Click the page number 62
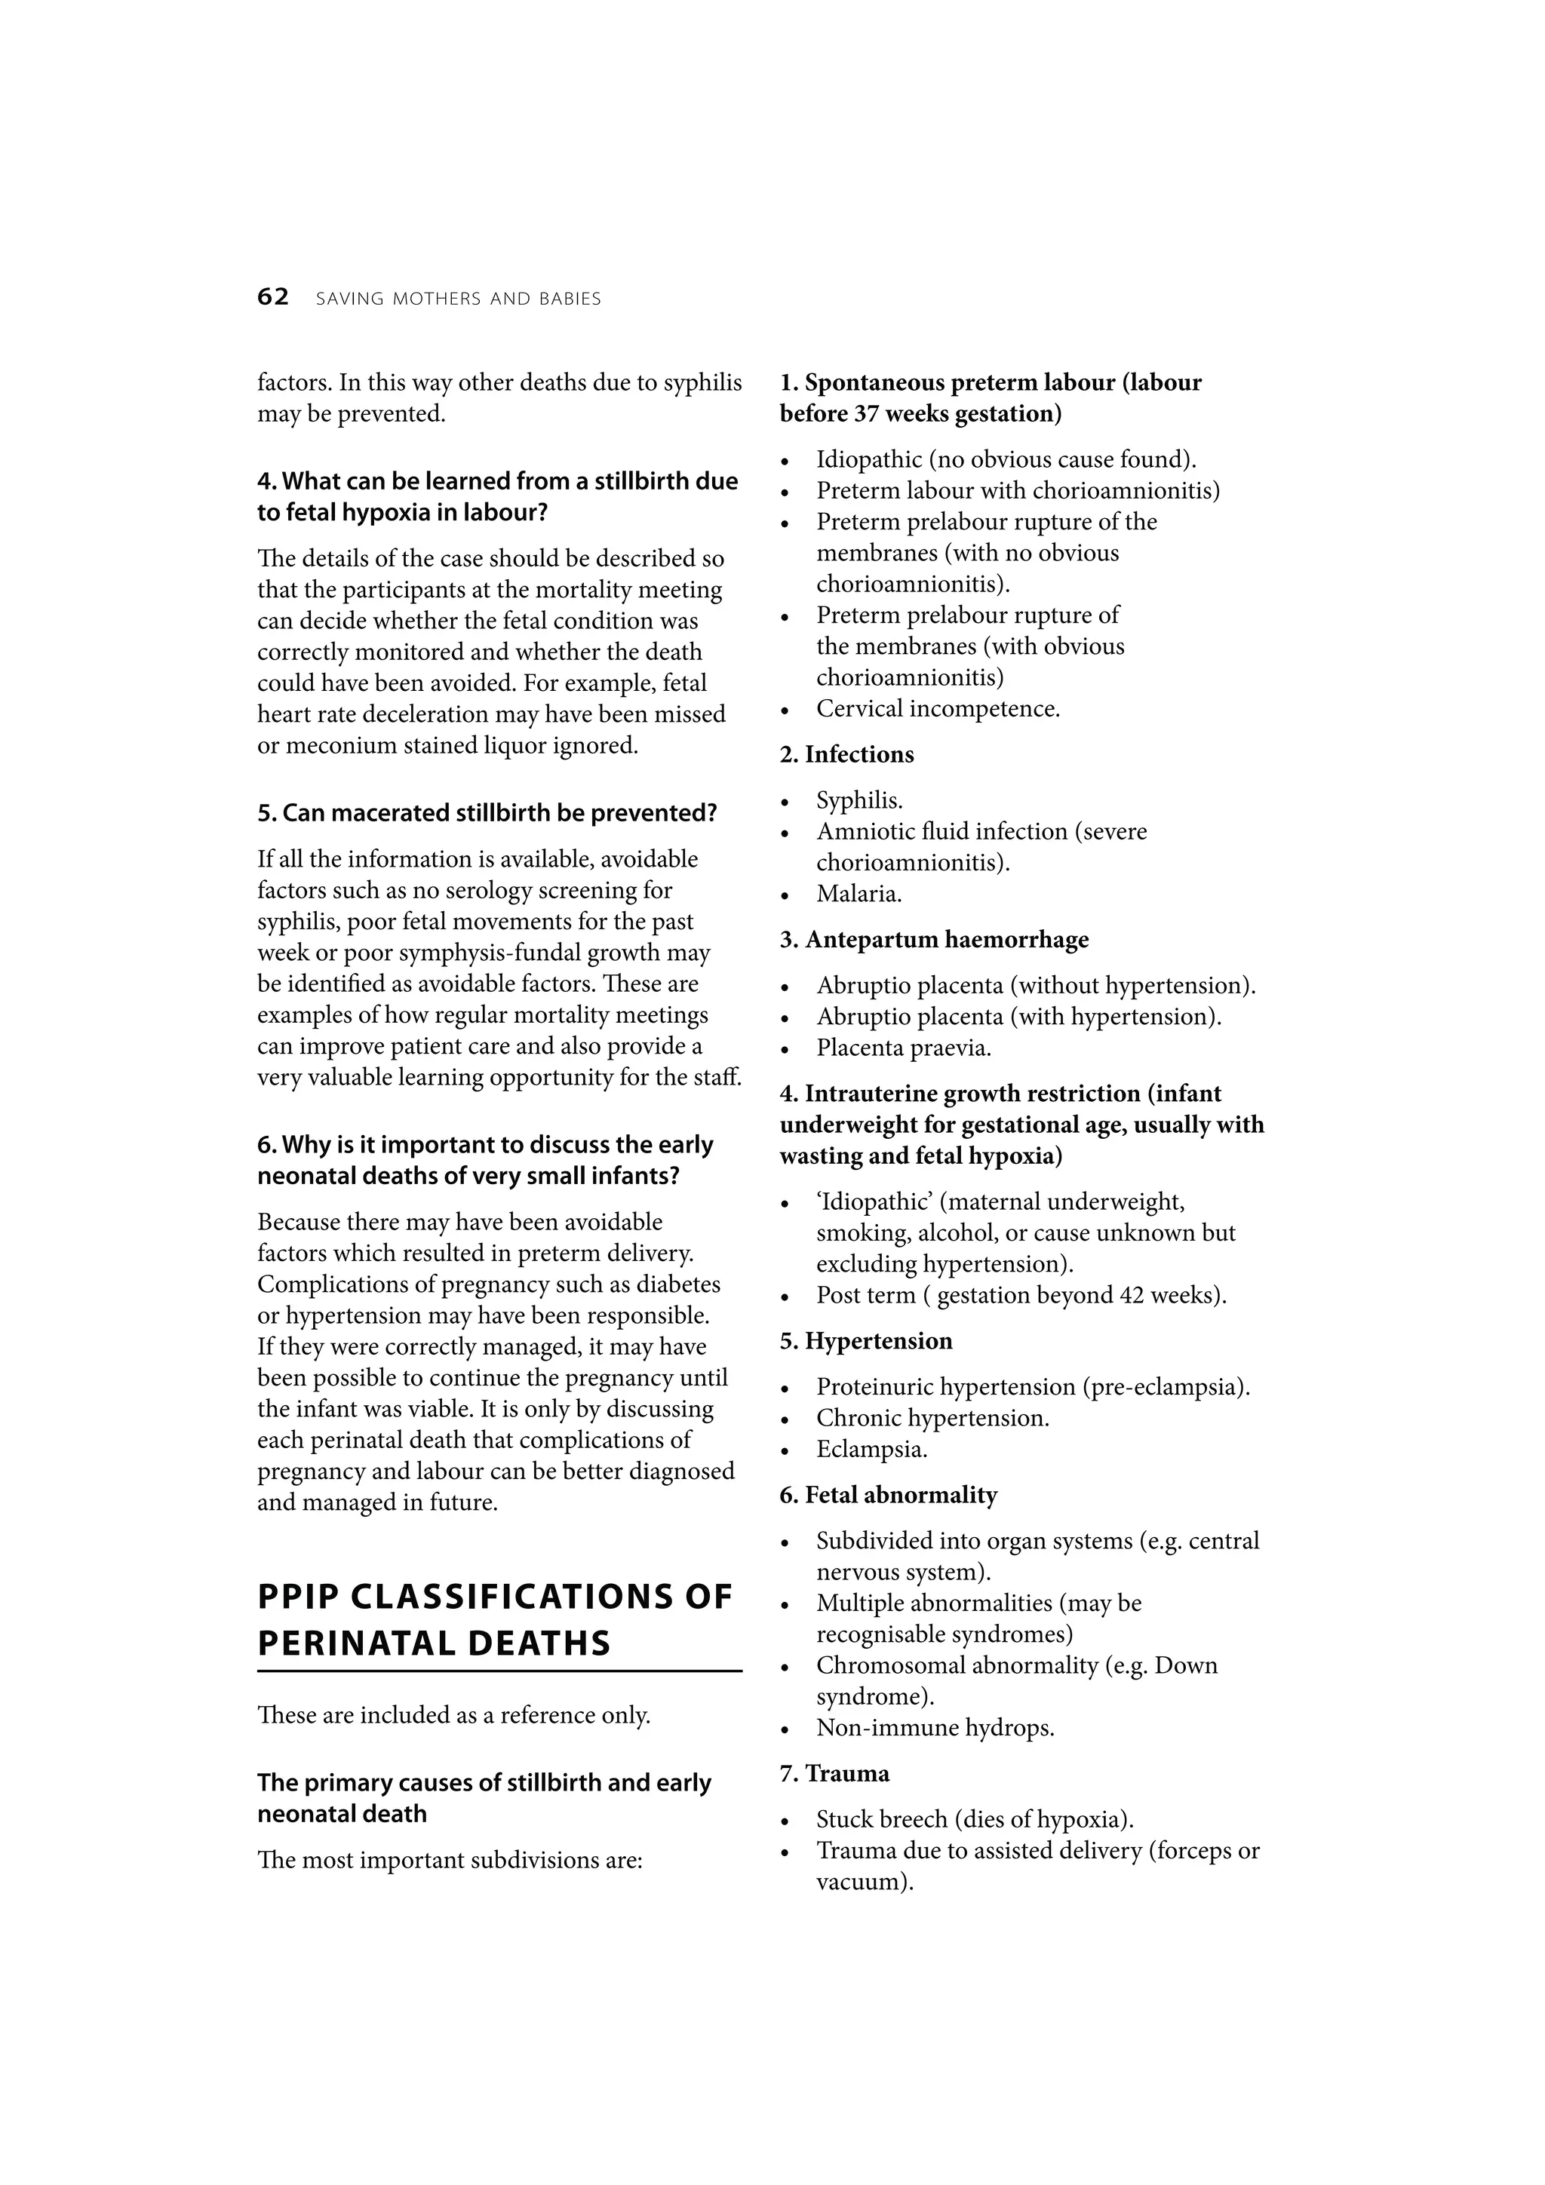coord(272,298)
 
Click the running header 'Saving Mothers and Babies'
coord(458,299)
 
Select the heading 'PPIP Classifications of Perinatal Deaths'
coord(495,1621)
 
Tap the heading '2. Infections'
coord(846,755)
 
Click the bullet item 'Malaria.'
coord(859,894)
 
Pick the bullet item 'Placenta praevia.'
coord(904,1048)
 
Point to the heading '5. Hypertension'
coord(865,1341)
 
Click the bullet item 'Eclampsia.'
coord(871,1450)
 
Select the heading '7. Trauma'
coord(834,1774)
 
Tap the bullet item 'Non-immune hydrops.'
coord(935,1727)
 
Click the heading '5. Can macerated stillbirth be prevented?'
coord(487,814)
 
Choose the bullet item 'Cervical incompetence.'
coord(938,709)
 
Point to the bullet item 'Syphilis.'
coord(859,800)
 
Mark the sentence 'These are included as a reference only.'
coord(454,1715)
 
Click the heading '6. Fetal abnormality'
coord(888,1495)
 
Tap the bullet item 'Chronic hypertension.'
coord(932,1418)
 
